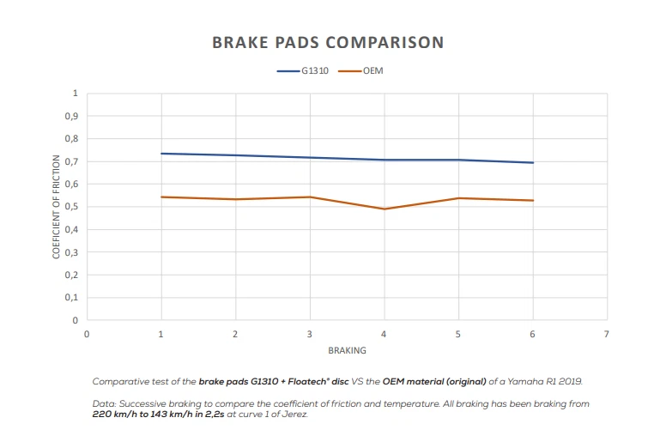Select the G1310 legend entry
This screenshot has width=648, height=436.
click(x=310, y=72)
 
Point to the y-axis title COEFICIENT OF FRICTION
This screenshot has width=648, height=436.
click(x=57, y=207)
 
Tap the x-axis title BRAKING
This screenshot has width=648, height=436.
click(x=346, y=351)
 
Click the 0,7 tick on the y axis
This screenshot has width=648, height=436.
click(x=73, y=161)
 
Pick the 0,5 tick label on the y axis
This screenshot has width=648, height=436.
click(x=73, y=207)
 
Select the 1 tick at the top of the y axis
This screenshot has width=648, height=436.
click(x=76, y=93)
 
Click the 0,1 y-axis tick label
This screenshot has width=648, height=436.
click(x=73, y=298)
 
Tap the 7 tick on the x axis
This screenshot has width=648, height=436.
click(x=607, y=333)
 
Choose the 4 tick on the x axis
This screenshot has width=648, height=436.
click(x=384, y=333)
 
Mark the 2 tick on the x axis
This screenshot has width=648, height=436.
click(x=235, y=333)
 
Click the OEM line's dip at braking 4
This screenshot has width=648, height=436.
click(x=384, y=209)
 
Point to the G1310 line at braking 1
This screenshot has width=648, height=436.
click(x=160, y=154)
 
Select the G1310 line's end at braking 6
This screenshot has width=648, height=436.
click(x=533, y=162)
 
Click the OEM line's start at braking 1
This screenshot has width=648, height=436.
click(x=160, y=197)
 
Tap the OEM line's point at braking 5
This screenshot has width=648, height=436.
click(x=458, y=198)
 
